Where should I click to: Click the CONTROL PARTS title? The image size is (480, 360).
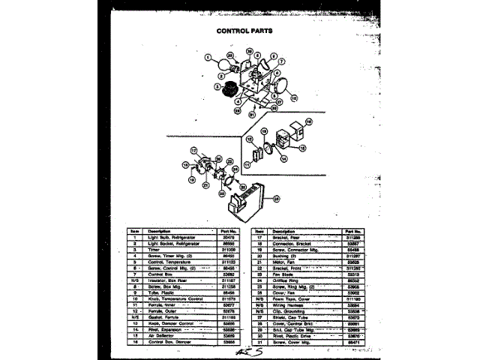[244, 31]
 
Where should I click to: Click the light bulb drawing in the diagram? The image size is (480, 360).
[223, 67]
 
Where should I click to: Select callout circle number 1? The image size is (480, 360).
[207, 56]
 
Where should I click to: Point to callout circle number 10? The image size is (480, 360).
[293, 97]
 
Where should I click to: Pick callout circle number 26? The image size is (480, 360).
[277, 198]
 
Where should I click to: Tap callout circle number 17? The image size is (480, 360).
[193, 151]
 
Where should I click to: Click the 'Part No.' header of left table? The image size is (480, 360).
[229, 230]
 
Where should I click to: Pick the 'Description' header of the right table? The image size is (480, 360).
[283, 230]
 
